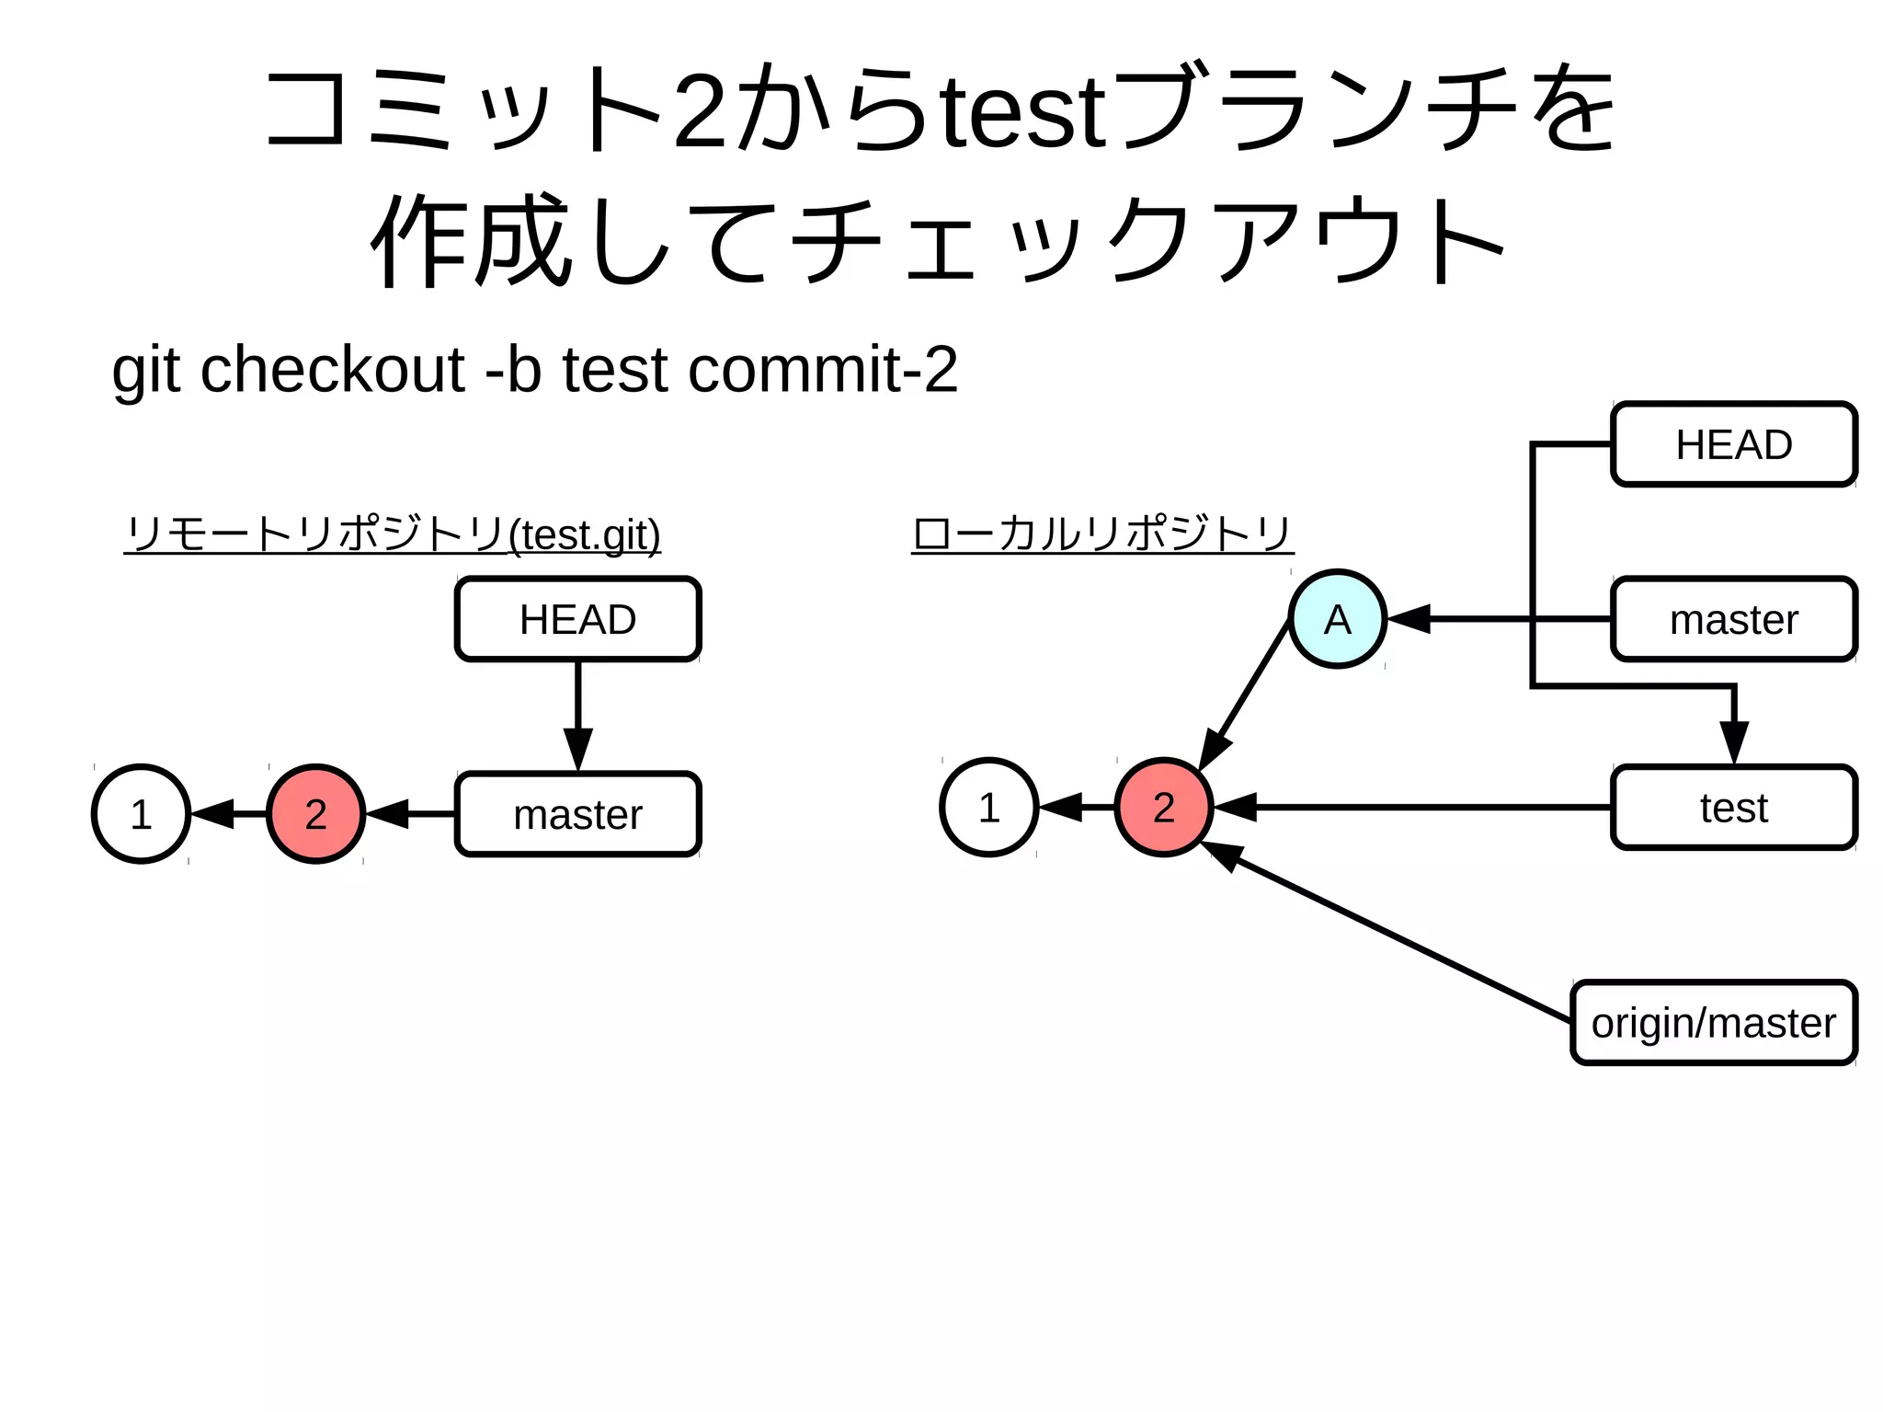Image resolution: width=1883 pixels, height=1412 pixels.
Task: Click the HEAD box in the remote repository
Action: [x=577, y=619]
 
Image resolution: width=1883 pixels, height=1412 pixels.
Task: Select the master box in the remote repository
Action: [x=577, y=814]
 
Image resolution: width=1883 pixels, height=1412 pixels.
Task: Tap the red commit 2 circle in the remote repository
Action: [x=315, y=814]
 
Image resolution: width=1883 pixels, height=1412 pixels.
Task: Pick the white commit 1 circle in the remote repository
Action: [x=141, y=814]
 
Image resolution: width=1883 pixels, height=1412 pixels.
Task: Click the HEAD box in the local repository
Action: [x=1733, y=444]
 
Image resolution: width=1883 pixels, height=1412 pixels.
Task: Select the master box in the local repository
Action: [x=1733, y=619]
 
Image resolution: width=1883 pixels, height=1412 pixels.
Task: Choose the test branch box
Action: [x=1733, y=808]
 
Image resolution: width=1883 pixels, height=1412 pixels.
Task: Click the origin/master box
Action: [x=1713, y=1023]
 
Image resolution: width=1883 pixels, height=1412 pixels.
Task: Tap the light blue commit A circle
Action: [x=1337, y=619]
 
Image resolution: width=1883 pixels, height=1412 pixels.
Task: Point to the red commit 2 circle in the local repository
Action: [x=1163, y=808]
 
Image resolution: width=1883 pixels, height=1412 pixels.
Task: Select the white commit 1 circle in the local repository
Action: [x=988, y=808]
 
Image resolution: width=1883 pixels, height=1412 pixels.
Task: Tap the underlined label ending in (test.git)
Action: [x=393, y=534]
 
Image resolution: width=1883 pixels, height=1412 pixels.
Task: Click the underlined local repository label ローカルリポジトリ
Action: [x=1101, y=534]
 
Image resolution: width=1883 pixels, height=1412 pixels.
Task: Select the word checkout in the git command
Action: [x=332, y=370]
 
